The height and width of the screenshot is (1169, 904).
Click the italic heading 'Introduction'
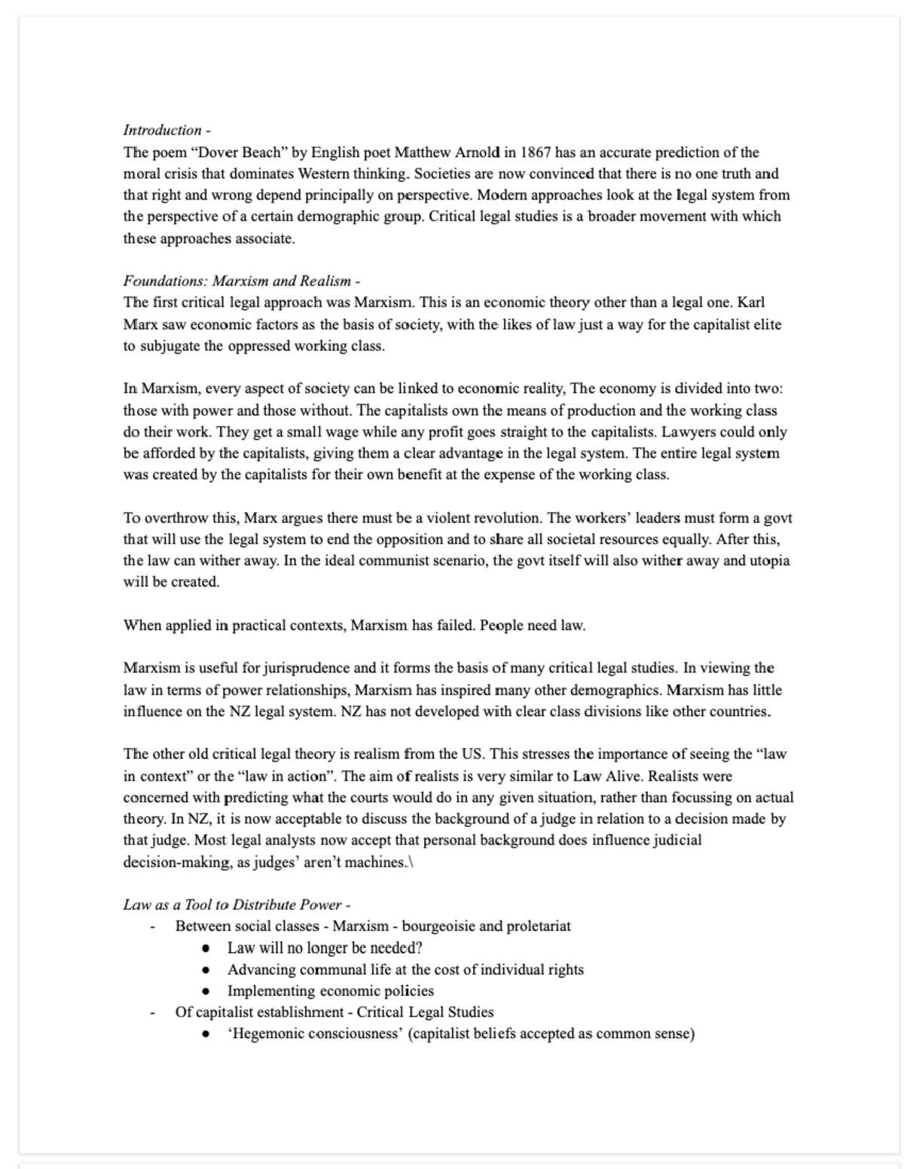click(162, 130)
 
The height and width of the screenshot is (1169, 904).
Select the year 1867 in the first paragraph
click(536, 152)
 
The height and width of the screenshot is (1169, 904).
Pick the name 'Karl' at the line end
click(750, 303)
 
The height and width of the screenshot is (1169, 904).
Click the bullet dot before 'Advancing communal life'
click(206, 970)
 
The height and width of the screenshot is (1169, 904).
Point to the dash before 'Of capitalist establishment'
click(152, 1013)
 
